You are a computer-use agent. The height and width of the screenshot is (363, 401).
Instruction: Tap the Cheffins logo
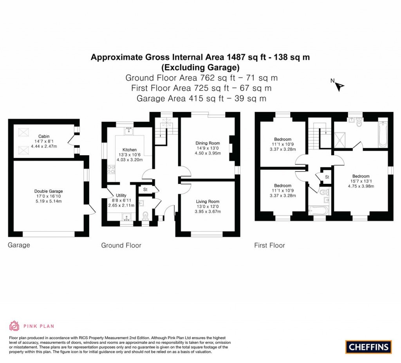[x=368, y=347]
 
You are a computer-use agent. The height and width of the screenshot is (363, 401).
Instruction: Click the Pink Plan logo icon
[x=14, y=326]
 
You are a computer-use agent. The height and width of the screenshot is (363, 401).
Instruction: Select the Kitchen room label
[x=130, y=150]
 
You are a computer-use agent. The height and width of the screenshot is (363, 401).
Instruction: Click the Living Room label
[x=208, y=201]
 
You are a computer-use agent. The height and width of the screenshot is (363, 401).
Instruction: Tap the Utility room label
[x=121, y=195]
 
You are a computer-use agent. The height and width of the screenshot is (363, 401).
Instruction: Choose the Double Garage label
[x=48, y=191]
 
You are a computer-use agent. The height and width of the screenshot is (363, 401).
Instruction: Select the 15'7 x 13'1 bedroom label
[x=360, y=176]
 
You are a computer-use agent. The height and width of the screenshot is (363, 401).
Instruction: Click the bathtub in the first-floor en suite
[x=383, y=135]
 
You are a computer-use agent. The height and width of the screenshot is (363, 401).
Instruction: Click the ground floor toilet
[x=146, y=216]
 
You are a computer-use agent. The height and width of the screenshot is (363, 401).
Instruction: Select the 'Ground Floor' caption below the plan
[x=121, y=245]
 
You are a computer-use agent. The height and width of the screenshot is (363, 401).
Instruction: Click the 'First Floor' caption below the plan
[x=269, y=245]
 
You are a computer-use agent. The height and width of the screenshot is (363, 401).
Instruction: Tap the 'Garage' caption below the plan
[x=19, y=245]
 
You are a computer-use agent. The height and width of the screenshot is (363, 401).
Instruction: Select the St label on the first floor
[x=327, y=177]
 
